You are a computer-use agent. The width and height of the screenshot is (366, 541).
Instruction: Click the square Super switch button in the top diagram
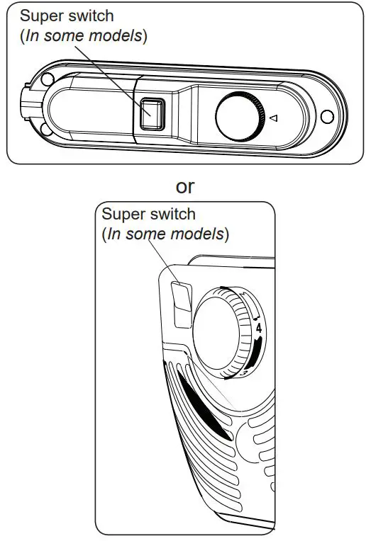click(x=151, y=113)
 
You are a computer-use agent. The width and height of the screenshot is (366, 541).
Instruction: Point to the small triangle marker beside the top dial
click(x=273, y=118)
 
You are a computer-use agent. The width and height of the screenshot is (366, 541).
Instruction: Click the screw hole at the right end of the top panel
click(x=327, y=115)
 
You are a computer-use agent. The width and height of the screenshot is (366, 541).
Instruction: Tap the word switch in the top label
click(x=91, y=16)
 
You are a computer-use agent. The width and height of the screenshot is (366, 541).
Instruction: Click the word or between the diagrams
click(x=184, y=186)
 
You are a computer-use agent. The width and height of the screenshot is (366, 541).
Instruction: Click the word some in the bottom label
click(x=145, y=234)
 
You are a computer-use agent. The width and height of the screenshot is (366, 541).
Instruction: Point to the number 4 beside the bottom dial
click(x=259, y=329)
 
